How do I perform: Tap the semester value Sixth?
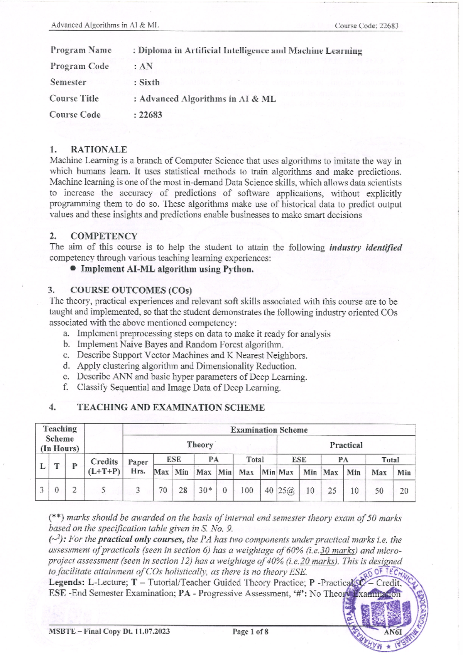pyautogui.click(x=149, y=82)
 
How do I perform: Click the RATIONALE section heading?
pyautogui.click(x=98, y=149)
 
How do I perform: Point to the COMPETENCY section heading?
pyautogui.click(x=104, y=236)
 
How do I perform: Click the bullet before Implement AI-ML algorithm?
pyautogui.click(x=73, y=269)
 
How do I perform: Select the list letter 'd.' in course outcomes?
pyautogui.click(x=66, y=366)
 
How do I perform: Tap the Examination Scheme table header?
pyautogui.click(x=269, y=430)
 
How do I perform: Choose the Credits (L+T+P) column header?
pyautogui.click(x=104, y=466)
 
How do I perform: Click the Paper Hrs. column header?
pyautogui.click(x=138, y=466)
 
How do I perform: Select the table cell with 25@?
pyautogui.click(x=287, y=490)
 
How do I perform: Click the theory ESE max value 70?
pyautogui.click(x=163, y=490)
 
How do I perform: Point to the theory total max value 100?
pyautogui.click(x=247, y=490)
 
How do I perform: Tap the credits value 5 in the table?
pyautogui.click(x=103, y=490)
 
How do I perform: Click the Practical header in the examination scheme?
pyautogui.click(x=346, y=445)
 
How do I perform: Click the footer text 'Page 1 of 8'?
pyautogui.click(x=250, y=631)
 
